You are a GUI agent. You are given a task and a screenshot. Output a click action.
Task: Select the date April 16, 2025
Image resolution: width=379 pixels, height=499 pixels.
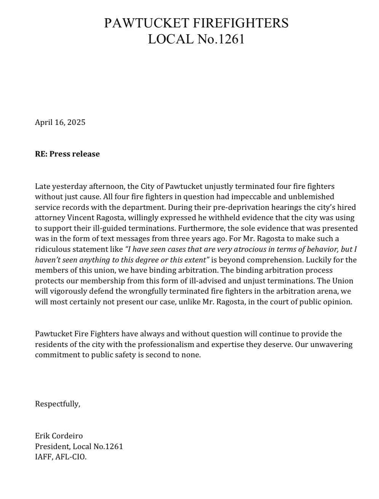[60, 122]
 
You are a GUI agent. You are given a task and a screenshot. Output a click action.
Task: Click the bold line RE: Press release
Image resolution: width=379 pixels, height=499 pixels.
[67, 154]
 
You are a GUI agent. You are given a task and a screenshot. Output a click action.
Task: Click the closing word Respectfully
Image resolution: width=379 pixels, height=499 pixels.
[58, 404]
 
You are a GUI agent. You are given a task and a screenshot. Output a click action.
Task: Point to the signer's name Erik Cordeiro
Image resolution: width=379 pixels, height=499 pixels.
[59, 436]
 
